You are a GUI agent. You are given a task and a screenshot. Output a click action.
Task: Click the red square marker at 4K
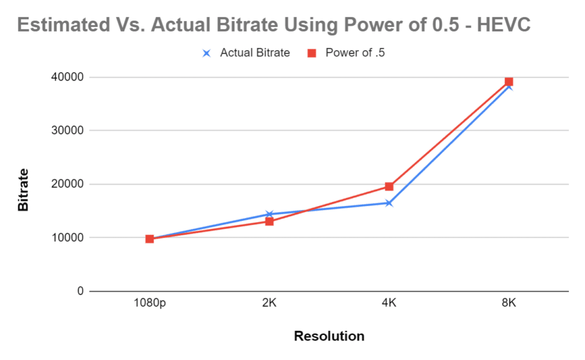click(389, 186)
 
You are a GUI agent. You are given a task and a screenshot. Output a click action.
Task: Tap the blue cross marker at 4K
click(389, 203)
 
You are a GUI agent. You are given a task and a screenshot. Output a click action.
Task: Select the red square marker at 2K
click(270, 222)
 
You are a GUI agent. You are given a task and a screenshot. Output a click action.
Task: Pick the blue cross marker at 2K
click(270, 214)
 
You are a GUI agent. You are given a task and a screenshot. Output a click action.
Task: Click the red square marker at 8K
click(509, 82)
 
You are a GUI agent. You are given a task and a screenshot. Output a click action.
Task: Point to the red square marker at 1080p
click(150, 239)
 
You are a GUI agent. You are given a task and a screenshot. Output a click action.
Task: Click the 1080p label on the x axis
click(150, 303)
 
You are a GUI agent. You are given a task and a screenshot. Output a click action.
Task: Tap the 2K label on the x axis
click(270, 302)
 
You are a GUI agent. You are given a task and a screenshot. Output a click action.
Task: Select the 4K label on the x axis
click(389, 302)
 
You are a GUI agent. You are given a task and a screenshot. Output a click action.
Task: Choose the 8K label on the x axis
click(509, 302)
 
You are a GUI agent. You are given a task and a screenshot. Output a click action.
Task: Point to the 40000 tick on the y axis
click(67, 77)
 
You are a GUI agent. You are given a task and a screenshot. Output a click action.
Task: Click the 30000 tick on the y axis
click(67, 130)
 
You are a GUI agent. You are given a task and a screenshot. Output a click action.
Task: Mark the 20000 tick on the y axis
click(67, 184)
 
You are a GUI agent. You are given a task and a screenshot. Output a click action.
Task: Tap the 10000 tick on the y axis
click(67, 237)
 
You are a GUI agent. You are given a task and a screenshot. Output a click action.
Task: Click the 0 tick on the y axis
click(81, 291)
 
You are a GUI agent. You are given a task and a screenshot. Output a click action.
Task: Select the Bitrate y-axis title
click(23, 190)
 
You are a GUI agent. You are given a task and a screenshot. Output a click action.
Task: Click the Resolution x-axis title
click(329, 336)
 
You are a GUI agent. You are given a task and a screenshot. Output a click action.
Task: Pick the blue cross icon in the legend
click(206, 53)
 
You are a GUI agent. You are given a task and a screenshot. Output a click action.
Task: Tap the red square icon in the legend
click(312, 53)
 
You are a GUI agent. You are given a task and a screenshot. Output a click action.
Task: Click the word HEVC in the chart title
click(504, 25)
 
